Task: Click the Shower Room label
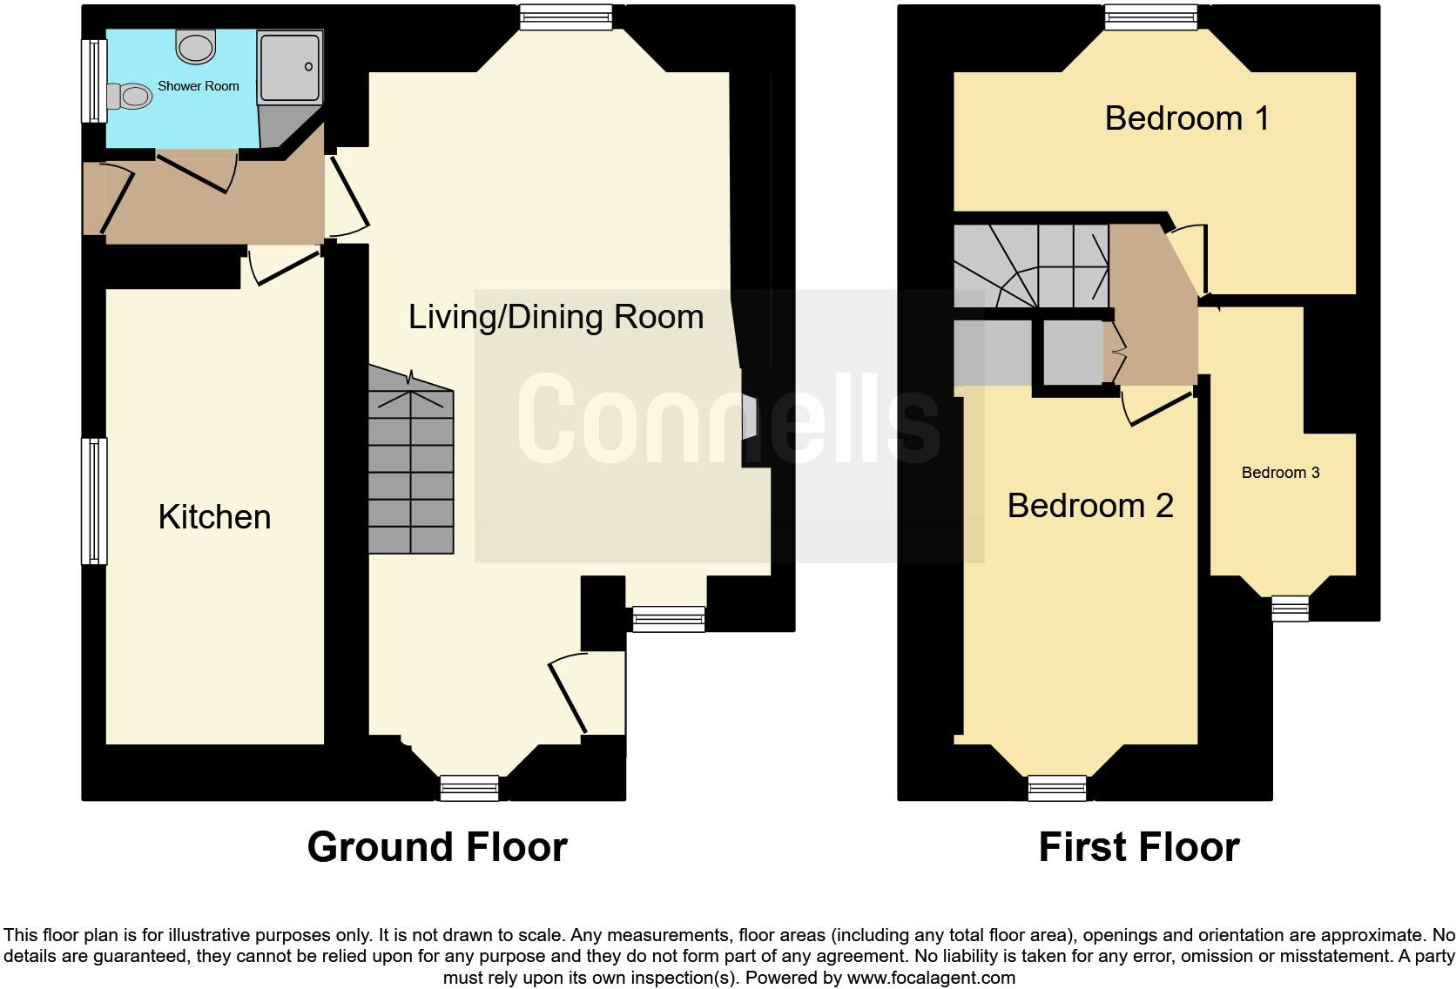tap(198, 86)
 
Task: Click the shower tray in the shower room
tap(290, 66)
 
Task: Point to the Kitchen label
tap(214, 517)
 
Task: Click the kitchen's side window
tap(94, 501)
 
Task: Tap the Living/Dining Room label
tap(556, 317)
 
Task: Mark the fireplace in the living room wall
tap(748, 418)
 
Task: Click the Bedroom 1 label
tap(1186, 118)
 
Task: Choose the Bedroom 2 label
tap(1089, 506)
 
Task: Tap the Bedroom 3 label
tap(1279, 473)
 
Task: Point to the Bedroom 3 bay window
tap(1290, 608)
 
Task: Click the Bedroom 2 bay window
tap(1057, 787)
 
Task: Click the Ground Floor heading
tap(437, 847)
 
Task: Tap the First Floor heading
tap(1138, 847)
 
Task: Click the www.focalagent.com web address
tap(931, 978)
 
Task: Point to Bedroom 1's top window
tap(1150, 17)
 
